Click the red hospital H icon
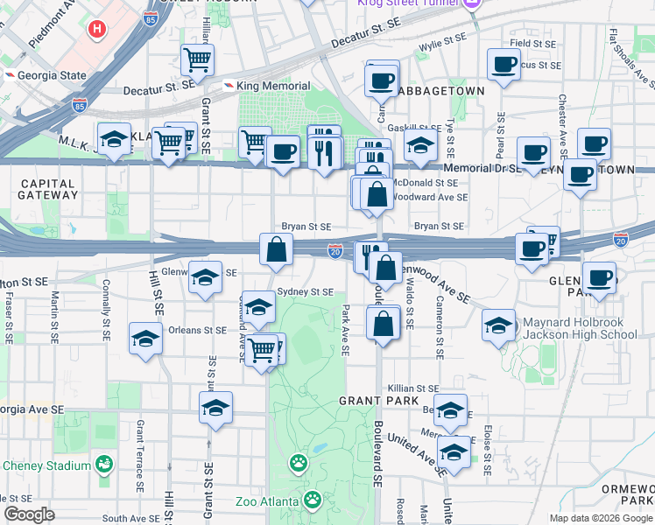coord(97,29)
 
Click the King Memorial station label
coord(272,86)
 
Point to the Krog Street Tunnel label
coord(408,4)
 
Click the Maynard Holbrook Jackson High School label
coord(580,328)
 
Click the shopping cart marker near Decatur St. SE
coord(197,61)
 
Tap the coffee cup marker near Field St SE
coord(504,64)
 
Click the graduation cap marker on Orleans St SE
coord(145,339)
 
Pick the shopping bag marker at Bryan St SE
coord(276,249)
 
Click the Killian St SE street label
coord(414,388)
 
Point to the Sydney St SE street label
coord(305,291)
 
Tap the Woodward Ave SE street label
coord(431,198)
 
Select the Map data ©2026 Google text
coord(600,518)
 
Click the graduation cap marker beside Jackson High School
coord(498,328)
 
